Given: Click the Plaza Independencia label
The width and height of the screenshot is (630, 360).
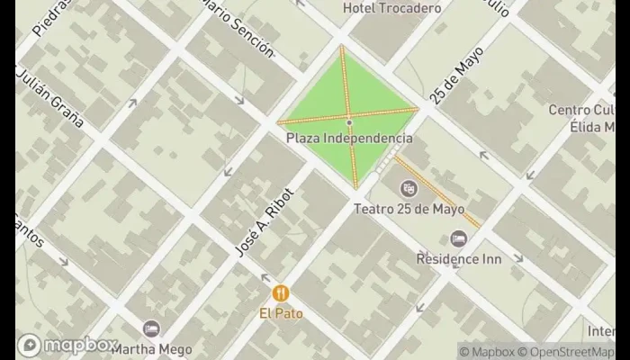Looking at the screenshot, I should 349,139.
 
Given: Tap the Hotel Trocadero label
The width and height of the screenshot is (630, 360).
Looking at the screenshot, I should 392,8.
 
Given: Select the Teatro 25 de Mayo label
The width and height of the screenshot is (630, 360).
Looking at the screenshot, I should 409,209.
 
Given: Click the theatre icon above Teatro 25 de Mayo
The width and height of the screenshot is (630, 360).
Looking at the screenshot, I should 409,189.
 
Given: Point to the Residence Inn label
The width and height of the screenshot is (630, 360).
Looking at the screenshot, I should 458,258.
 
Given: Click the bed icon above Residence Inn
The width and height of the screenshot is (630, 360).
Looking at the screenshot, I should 458,238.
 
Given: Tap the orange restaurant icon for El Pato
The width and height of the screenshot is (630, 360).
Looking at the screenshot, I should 282,293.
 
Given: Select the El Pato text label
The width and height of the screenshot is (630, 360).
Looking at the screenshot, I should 282,313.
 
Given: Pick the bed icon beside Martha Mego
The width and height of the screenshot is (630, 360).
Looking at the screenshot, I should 150,328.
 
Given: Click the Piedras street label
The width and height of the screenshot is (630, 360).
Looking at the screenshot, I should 49,18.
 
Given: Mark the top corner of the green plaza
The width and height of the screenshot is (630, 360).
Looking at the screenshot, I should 342,45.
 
